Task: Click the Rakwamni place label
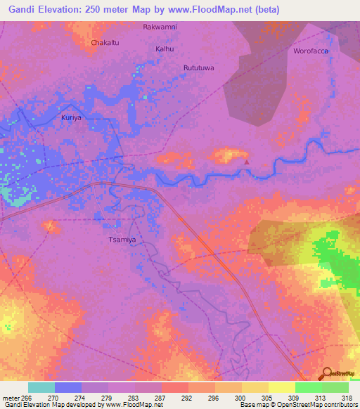[160, 27]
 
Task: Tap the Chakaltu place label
[104, 43]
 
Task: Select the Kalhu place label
[163, 49]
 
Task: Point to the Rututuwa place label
[198, 67]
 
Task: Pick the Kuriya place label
[71, 117]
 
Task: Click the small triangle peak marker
[246, 162]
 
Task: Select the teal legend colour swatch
[41, 387]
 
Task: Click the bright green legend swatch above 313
[308, 387]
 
